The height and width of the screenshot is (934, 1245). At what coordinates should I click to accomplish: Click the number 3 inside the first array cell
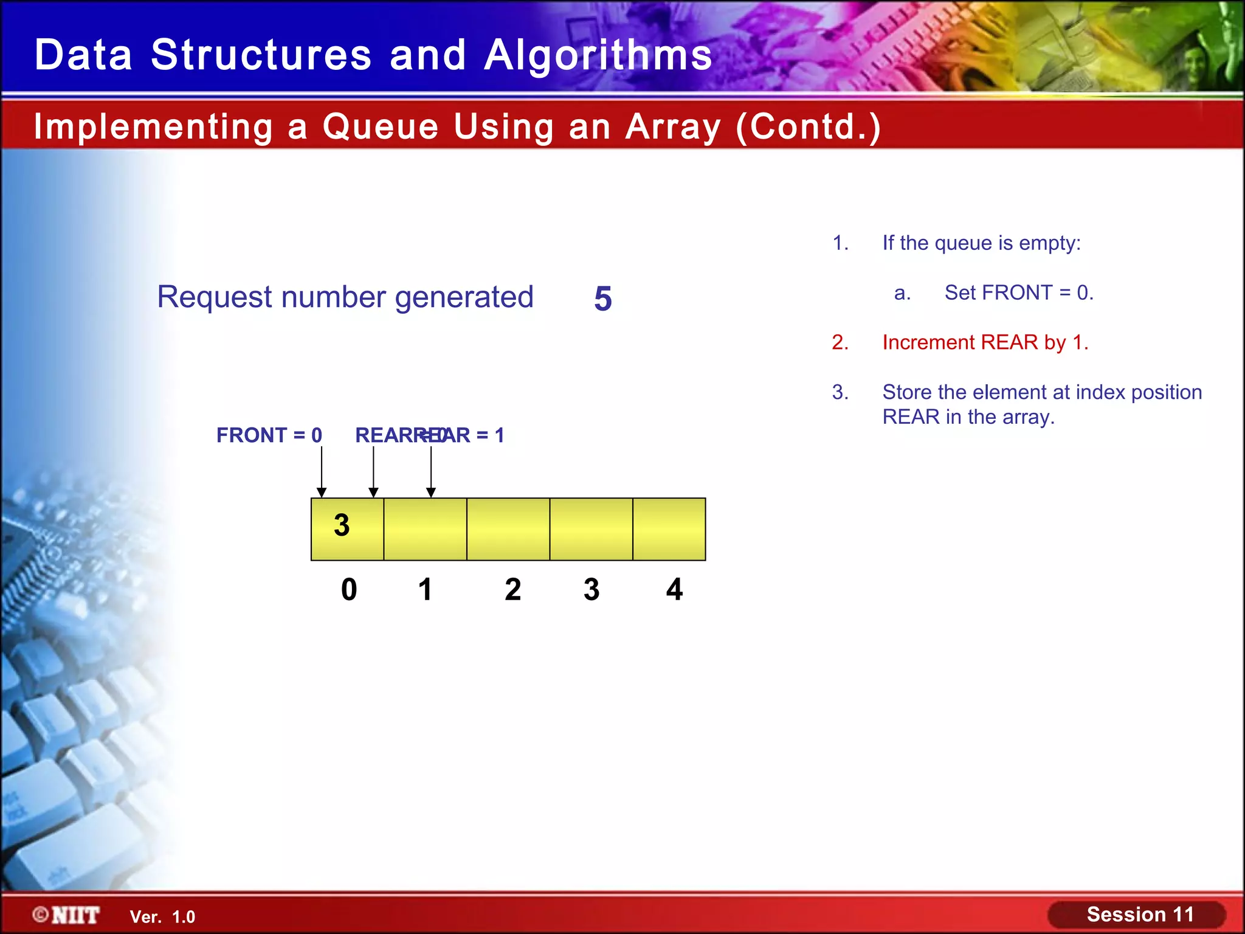point(342,525)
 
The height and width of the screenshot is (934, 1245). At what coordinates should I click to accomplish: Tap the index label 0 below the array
point(349,589)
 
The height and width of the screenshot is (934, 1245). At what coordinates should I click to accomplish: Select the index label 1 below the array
point(425,589)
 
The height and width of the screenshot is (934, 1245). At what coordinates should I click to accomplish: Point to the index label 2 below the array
point(512,589)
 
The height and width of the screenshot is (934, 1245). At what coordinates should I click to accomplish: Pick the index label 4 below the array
point(674,589)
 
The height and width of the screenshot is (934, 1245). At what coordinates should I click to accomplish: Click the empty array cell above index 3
point(591,529)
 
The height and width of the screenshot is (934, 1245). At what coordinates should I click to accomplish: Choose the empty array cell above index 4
point(669,529)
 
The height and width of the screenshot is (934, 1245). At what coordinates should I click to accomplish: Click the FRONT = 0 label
point(269,435)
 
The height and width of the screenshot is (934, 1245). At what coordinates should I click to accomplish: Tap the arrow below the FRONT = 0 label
point(322,472)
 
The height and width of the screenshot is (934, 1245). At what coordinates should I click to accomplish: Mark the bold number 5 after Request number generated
point(602,299)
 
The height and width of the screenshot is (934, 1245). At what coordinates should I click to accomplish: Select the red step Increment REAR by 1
point(985,342)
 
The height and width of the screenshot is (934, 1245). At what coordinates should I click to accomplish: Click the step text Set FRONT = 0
point(1019,292)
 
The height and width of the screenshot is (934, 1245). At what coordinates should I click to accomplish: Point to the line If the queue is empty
point(981,243)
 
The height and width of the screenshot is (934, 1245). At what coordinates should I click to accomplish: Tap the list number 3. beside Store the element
point(840,392)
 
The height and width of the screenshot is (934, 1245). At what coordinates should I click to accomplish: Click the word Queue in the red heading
point(380,126)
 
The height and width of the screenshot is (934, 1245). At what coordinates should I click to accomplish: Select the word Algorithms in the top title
point(598,55)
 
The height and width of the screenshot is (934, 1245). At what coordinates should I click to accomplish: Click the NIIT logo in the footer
point(66,915)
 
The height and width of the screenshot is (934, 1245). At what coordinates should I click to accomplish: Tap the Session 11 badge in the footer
point(1137,915)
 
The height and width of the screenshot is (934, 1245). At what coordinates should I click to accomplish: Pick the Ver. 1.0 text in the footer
point(162,917)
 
